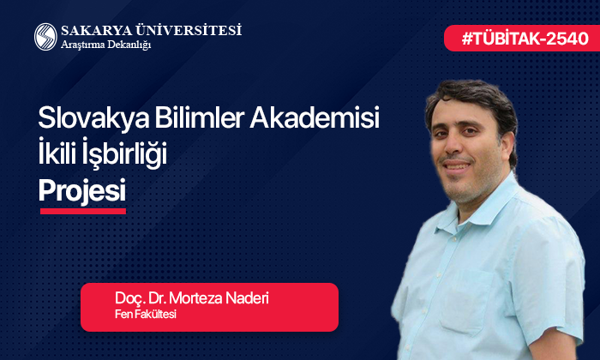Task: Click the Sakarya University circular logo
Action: point(45,36)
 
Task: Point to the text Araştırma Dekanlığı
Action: point(105,45)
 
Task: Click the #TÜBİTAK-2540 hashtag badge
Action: point(519,38)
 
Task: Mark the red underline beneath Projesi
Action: point(82,210)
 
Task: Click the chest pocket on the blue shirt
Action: point(523,283)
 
